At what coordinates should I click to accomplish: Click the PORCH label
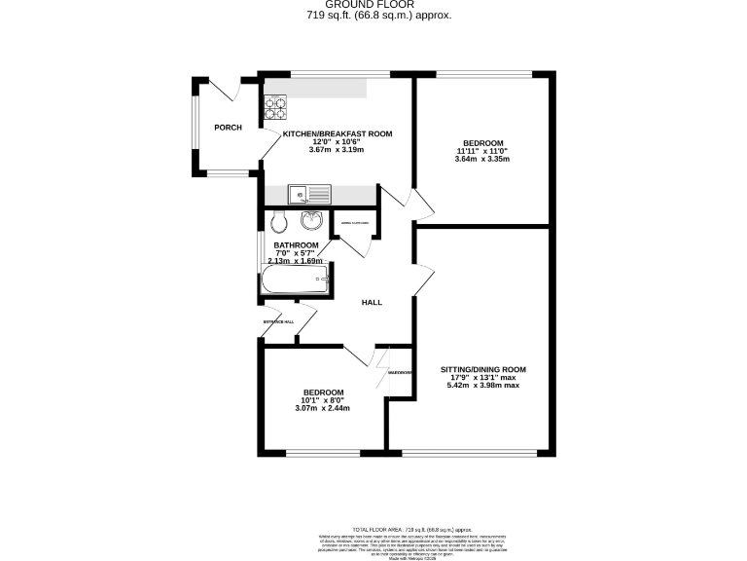pos(228,128)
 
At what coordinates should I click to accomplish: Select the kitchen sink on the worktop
pos(312,194)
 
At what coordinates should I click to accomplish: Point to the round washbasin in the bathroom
pos(314,220)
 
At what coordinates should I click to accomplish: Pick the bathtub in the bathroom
pos(295,283)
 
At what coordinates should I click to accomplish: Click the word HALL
pos(372,303)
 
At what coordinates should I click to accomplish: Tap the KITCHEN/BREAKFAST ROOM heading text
pos(337,133)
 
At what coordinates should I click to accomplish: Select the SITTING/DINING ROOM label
pos(483,369)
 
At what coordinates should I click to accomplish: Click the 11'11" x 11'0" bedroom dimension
pos(482,151)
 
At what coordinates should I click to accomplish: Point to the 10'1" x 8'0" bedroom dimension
pos(321,400)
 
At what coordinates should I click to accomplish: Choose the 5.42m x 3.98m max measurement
pos(483,386)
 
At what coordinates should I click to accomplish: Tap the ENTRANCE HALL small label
pos(278,322)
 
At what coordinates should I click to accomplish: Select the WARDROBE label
pos(401,372)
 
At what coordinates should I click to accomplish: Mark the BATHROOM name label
pos(296,245)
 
